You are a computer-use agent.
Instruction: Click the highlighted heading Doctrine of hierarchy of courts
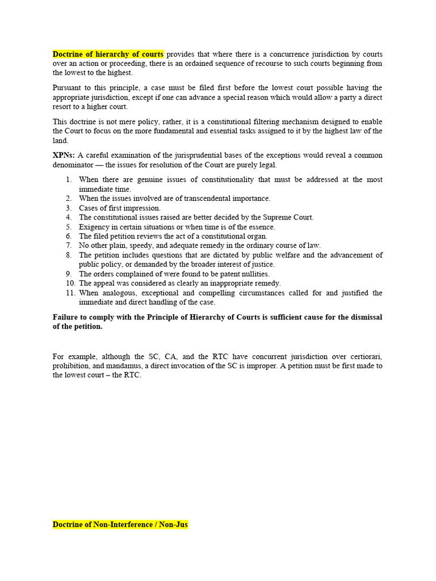[x=108, y=54]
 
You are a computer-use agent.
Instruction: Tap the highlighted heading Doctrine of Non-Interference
[x=120, y=525]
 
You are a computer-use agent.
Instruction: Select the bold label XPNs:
[x=64, y=155]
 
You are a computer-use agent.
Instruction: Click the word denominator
[x=74, y=165]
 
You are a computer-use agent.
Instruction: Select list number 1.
[x=68, y=180]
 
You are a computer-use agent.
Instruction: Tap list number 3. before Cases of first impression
[x=68, y=208]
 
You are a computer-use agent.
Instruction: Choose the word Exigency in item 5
[x=94, y=227]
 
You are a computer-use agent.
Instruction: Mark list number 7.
[x=68, y=246]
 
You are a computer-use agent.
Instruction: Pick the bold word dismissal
[x=365, y=317]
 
